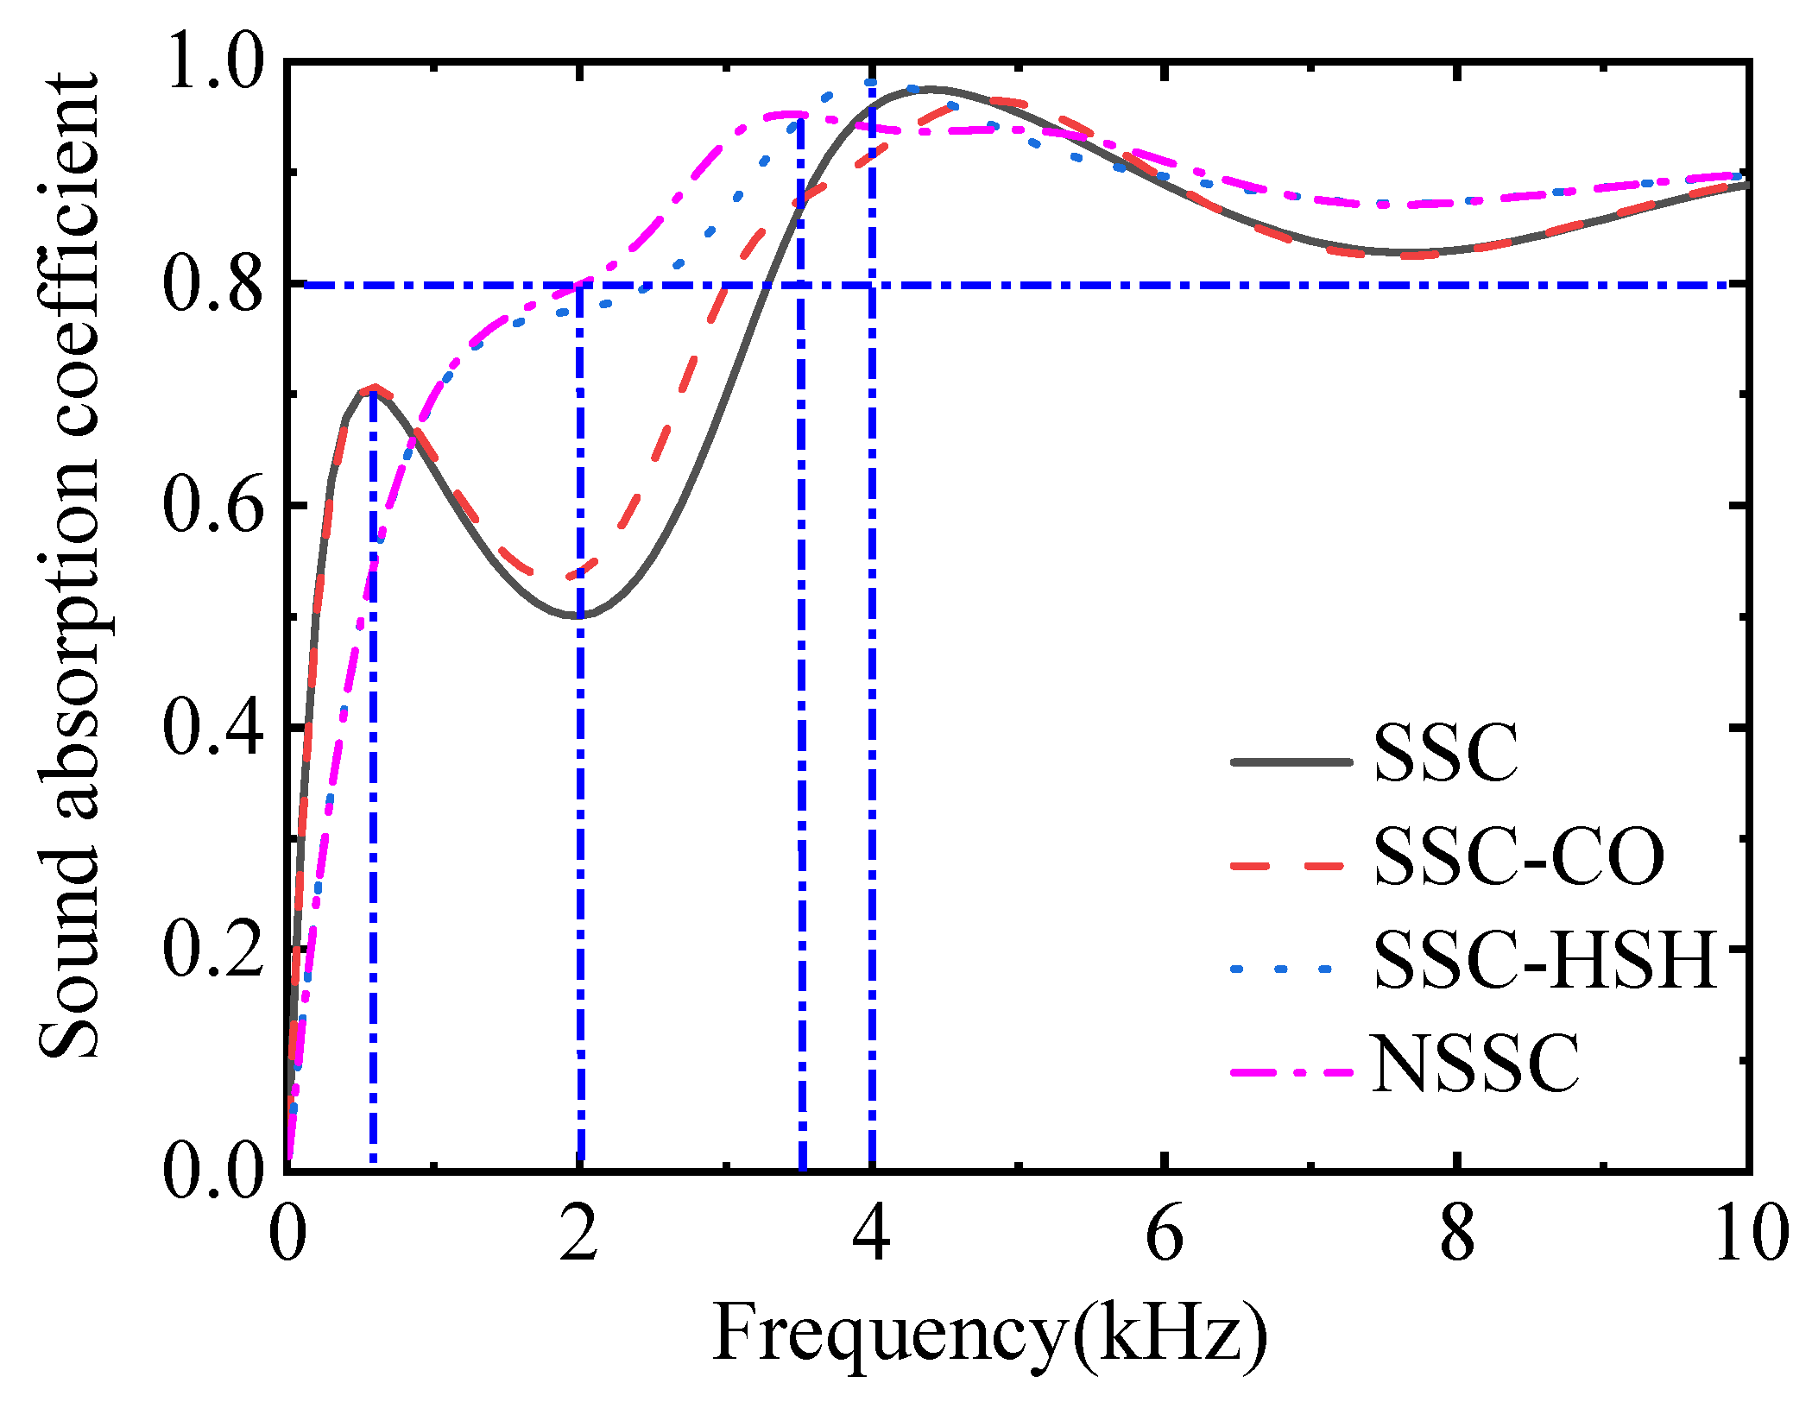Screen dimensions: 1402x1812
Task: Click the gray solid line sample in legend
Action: tap(1291, 761)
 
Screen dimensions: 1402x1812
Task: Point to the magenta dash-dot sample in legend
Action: tap(1291, 1071)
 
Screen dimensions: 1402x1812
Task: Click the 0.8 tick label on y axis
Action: tap(212, 286)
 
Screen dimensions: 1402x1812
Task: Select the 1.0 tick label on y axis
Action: tap(212, 63)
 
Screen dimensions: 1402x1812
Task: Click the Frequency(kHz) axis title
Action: tap(989, 1333)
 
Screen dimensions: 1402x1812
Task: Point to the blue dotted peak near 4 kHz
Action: tap(870, 83)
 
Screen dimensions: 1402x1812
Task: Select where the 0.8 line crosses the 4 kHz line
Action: tap(872, 284)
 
